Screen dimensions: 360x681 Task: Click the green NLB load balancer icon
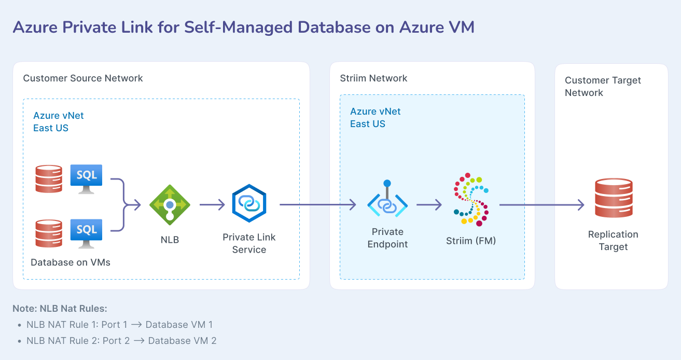[x=170, y=205]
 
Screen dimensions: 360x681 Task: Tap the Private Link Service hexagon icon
[x=249, y=204]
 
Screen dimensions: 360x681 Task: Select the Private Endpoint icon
[x=387, y=202]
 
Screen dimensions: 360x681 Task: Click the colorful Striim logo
[x=471, y=199]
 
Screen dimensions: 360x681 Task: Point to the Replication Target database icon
[x=614, y=198]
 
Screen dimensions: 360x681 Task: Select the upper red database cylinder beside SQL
[x=48, y=178]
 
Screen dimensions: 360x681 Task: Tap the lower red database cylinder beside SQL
[x=48, y=233]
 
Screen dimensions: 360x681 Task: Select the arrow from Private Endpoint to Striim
[x=428, y=205]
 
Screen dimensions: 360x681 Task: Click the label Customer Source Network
[x=83, y=78]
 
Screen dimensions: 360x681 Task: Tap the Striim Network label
[x=373, y=78]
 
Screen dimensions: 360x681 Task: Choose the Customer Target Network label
[x=603, y=87]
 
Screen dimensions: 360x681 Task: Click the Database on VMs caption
[x=71, y=262]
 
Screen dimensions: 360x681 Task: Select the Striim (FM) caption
[x=471, y=241]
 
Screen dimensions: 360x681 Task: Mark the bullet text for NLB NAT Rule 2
[x=121, y=341]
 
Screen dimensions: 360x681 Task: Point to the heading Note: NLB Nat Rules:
[x=60, y=309]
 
